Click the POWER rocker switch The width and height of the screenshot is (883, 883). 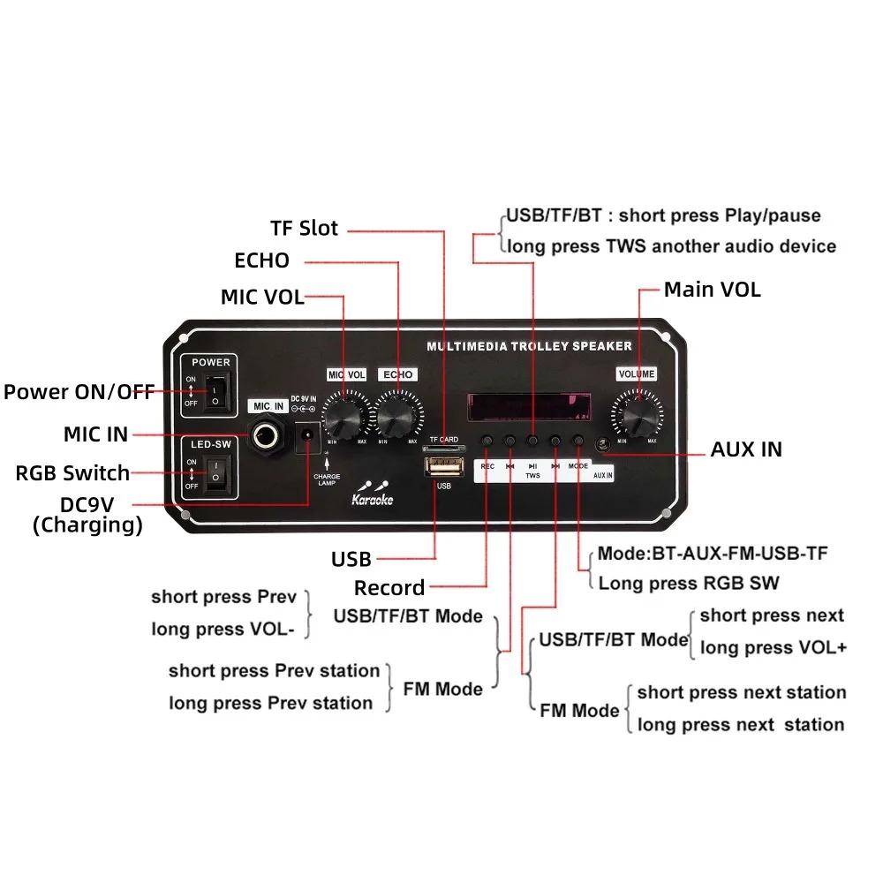point(213,393)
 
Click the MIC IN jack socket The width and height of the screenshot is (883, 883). point(268,434)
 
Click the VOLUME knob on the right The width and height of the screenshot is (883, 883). point(637,411)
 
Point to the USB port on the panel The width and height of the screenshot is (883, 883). point(443,465)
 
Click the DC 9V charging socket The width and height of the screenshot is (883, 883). point(309,436)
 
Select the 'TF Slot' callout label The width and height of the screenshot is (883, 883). point(304,228)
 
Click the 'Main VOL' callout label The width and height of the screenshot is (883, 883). point(712,290)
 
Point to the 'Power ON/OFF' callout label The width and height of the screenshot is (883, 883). point(79,392)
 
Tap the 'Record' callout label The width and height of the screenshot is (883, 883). point(389,588)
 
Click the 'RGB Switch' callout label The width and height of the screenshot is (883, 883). point(72,473)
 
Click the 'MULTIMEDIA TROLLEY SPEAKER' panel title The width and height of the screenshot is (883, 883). point(529,346)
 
